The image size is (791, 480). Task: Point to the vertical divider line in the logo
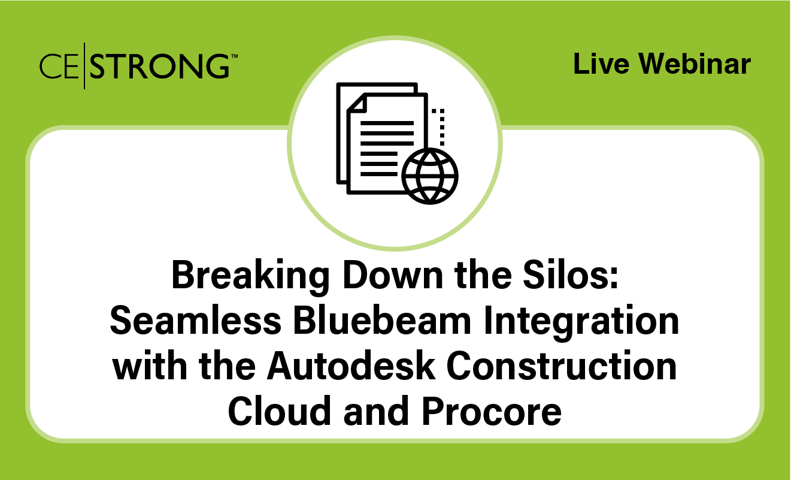click(x=84, y=66)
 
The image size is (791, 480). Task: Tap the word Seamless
click(x=195, y=322)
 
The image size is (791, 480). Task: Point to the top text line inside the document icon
click(x=388, y=123)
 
